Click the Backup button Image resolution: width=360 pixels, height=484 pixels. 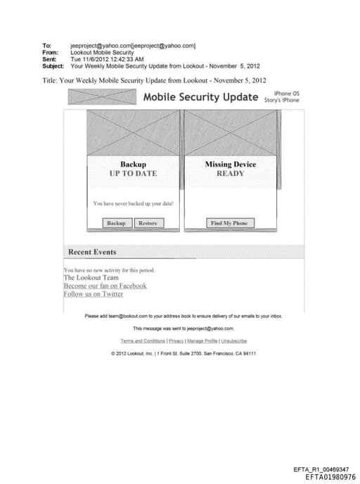click(116, 223)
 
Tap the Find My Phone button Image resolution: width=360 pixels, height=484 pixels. click(229, 223)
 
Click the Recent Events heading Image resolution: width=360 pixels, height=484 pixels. click(92, 252)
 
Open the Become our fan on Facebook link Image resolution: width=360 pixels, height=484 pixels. click(105, 286)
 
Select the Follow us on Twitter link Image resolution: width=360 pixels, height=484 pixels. click(93, 294)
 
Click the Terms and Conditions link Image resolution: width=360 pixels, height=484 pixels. click(143, 340)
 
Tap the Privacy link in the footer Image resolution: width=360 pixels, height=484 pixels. click(176, 340)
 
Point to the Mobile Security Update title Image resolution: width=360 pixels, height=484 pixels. click(200, 97)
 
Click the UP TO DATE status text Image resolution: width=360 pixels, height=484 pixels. click(133, 173)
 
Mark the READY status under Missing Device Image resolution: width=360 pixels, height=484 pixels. click(230, 173)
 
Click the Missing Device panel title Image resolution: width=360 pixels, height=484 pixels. click(230, 165)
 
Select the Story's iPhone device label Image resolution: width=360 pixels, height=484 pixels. click(282, 100)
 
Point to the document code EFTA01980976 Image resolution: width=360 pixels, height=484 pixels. click(330, 477)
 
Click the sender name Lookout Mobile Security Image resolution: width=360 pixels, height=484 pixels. click(102, 52)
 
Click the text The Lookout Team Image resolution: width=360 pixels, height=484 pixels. click(91, 278)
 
